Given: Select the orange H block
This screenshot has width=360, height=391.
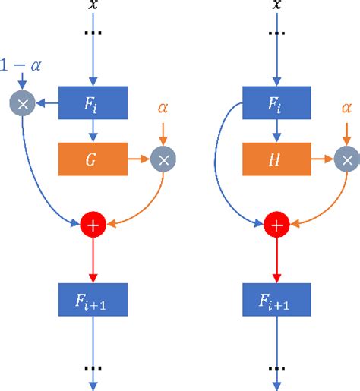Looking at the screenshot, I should (x=277, y=159).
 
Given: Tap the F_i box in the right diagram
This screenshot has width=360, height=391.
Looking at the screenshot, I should (x=277, y=102).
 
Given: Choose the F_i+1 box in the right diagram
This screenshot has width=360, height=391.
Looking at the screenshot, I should (x=277, y=299).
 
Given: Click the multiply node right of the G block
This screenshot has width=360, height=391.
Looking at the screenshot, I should (x=163, y=159).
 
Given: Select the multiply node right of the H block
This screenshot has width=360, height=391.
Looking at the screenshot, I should (x=346, y=159).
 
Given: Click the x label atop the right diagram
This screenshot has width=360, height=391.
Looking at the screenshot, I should (x=277, y=5).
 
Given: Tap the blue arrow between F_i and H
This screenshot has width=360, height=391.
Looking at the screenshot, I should (x=277, y=131).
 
